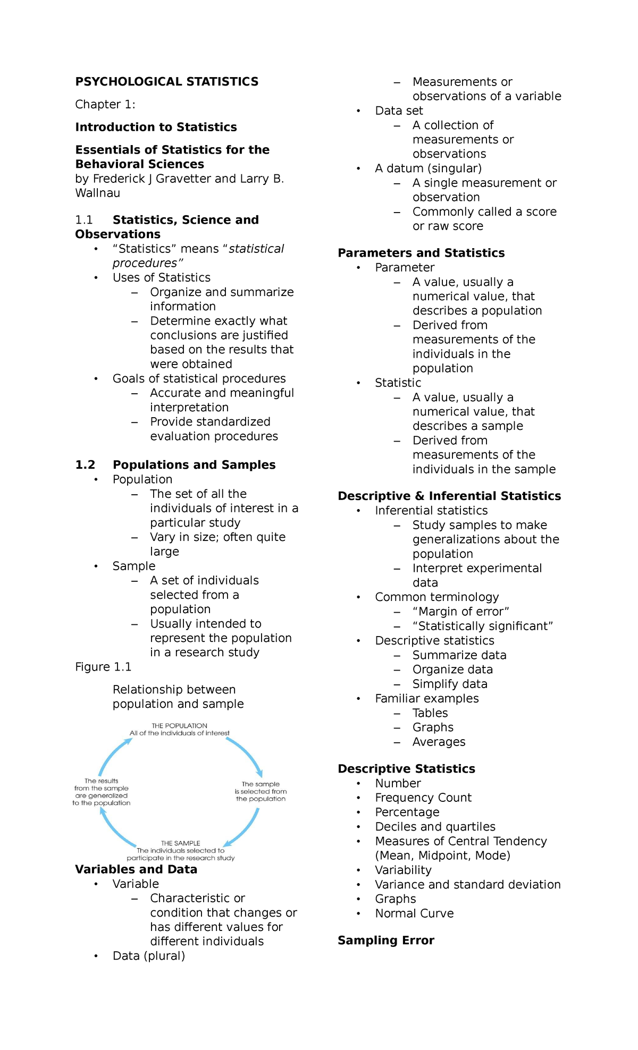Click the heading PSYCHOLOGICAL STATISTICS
click(x=166, y=82)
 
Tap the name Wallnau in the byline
click(x=98, y=193)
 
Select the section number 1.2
click(x=85, y=465)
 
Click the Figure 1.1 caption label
click(x=103, y=667)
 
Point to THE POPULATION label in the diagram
click(x=179, y=726)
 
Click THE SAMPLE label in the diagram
click(x=180, y=843)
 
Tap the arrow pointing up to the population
click(x=114, y=755)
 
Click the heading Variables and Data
click(x=136, y=869)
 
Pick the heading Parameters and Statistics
click(x=421, y=253)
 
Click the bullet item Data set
click(x=399, y=111)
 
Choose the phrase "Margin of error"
click(x=460, y=612)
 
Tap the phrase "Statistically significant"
click(x=482, y=626)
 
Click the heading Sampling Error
click(x=386, y=941)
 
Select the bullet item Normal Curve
click(x=414, y=913)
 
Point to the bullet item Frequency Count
click(x=423, y=798)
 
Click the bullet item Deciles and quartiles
click(x=435, y=827)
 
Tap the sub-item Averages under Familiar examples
click(x=439, y=742)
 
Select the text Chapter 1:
click(x=105, y=105)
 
